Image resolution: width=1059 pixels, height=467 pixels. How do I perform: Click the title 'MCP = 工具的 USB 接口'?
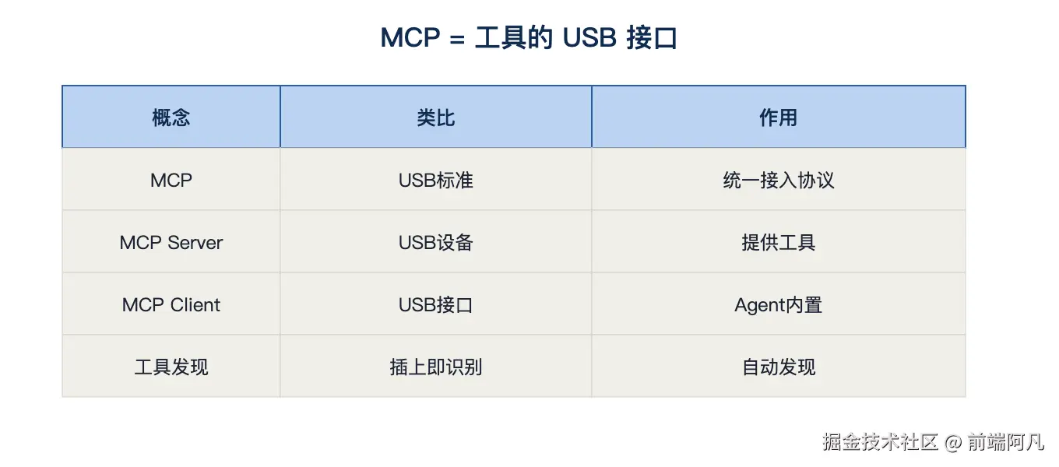[529, 37]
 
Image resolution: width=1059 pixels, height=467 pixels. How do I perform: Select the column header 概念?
[171, 118]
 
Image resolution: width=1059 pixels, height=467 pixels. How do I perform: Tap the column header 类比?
[436, 118]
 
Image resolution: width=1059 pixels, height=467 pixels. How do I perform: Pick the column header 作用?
[778, 118]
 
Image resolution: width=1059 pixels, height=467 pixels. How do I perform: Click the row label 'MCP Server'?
[171, 243]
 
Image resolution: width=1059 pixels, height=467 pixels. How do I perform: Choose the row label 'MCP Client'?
[171, 305]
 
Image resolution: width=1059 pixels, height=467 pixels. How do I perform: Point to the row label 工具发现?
[171, 367]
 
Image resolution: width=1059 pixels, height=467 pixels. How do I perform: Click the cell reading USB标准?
[436, 180]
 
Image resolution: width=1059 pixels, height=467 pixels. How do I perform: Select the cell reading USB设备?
[436, 243]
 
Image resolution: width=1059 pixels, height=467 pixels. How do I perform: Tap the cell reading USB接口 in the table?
[436, 305]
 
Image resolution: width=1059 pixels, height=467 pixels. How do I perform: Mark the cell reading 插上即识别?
[436, 367]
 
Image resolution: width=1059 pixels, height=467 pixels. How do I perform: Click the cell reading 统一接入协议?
[779, 180]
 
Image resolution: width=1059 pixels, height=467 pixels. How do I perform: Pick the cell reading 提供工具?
[779, 243]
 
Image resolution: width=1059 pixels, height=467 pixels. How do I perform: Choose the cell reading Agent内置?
[779, 305]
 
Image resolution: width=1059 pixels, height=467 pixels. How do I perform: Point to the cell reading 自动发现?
[779, 367]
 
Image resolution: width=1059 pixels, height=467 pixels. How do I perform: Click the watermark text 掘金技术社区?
[880, 442]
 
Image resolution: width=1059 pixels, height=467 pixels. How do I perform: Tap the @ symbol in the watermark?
[953, 443]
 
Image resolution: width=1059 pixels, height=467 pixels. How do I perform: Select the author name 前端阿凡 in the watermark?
[1005, 442]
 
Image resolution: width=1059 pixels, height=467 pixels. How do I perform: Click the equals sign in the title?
[457, 39]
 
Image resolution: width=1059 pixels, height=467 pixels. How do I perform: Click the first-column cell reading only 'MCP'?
[171, 180]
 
